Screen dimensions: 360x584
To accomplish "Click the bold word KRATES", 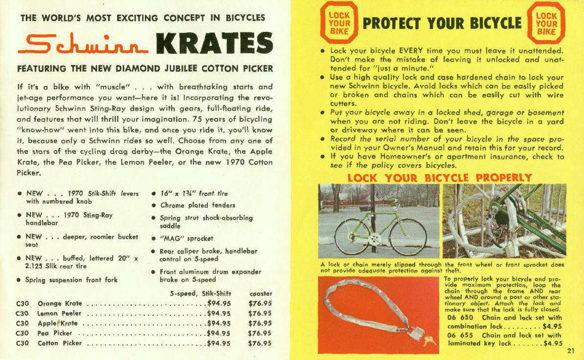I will pyautogui.click(x=214, y=44).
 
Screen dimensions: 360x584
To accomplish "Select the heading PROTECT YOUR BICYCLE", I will pyautogui.click(x=442, y=23).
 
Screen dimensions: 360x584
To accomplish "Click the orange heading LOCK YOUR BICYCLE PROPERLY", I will pyautogui.click(x=439, y=178).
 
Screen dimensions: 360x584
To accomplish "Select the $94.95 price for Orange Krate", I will pyautogui.click(x=219, y=303).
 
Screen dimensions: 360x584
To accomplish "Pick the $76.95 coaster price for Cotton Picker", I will pyautogui.click(x=260, y=343).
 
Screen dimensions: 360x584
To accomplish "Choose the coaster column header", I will pyautogui.click(x=260, y=293).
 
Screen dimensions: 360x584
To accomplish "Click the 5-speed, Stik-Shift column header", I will pyautogui.click(x=200, y=293).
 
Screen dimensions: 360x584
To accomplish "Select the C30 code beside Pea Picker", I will pyautogui.click(x=23, y=333).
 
